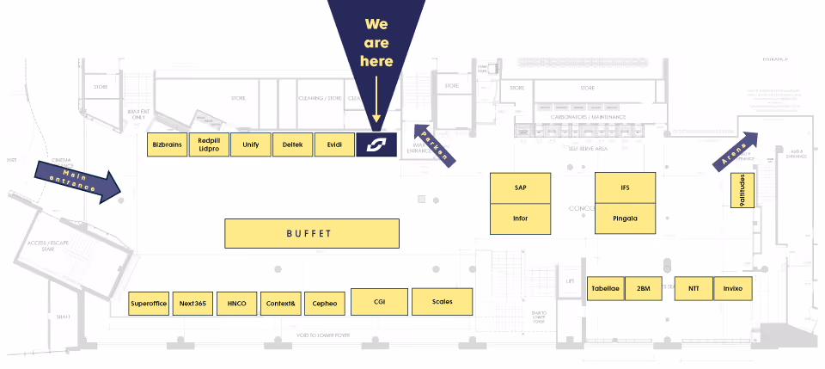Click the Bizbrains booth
coord(167,145)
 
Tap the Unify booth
coord(251,145)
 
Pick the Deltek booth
coord(292,145)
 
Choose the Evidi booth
coord(334,145)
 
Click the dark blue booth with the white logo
coord(376,145)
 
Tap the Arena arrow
coord(735,151)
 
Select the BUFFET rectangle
coord(312,233)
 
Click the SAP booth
coord(520,188)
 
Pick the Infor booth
coord(520,218)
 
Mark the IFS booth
coord(625,188)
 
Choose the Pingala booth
coord(625,218)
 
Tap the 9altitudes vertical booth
coord(742,190)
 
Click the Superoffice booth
coord(149,304)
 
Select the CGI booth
coord(379,301)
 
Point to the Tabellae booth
coord(605,288)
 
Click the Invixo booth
coord(733,288)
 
